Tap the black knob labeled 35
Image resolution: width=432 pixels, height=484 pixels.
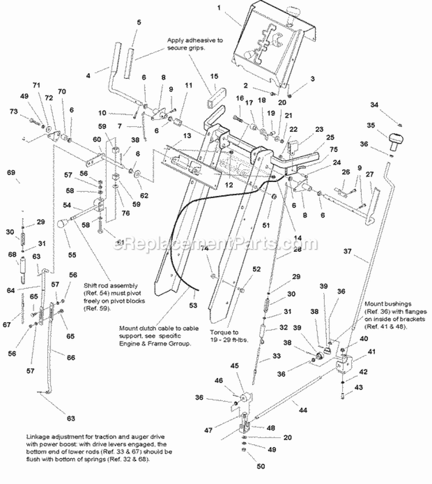(396, 139)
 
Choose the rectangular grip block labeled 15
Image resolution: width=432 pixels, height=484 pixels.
(217, 96)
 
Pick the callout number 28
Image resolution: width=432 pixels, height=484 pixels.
(282, 249)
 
